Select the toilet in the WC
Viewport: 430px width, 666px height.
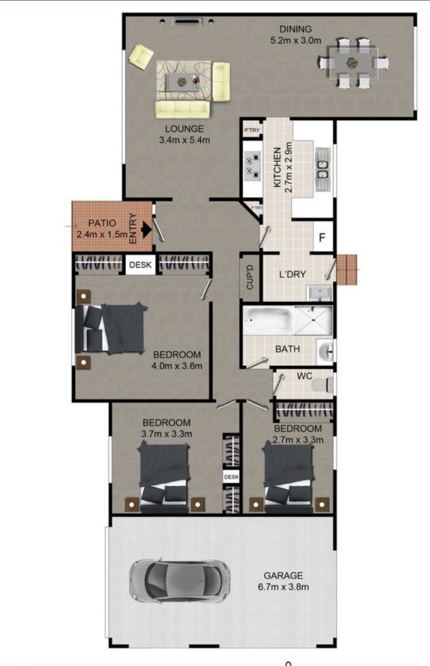coord(322,385)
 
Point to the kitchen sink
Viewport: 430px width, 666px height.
coord(323,169)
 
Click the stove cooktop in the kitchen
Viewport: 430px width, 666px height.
coord(253,166)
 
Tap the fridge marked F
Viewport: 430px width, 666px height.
coord(322,237)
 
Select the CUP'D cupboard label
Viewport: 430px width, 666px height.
coord(250,277)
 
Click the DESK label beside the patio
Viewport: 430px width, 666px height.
coord(140,265)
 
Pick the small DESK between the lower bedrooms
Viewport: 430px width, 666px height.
coord(231,477)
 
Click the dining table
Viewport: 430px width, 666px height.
coord(353,63)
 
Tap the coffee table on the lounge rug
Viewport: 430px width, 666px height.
coord(183,81)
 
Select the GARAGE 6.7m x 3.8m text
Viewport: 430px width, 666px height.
coord(283,581)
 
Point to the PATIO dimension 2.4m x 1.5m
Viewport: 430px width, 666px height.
coord(102,234)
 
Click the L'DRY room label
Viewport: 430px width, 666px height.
coord(292,274)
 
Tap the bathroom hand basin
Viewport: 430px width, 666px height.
coord(326,351)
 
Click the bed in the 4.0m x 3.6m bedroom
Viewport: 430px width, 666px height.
coord(111,328)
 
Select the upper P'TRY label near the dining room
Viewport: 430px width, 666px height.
coord(251,130)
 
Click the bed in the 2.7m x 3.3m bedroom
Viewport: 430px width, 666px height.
coord(289,475)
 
